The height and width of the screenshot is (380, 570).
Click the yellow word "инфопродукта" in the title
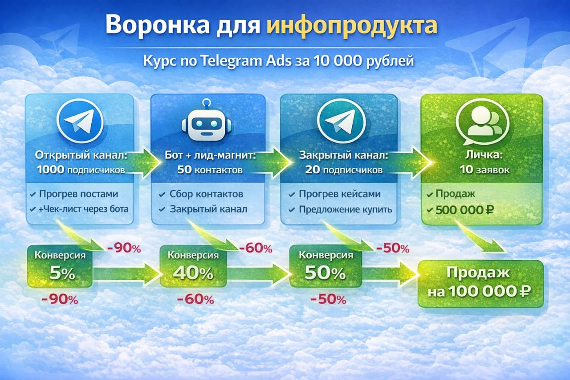point(352,26)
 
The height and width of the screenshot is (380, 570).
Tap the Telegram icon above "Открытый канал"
point(80,121)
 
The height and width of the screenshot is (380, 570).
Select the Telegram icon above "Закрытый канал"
point(342,121)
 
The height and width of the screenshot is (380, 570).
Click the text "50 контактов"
point(210,170)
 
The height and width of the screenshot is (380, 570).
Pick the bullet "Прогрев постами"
point(78,194)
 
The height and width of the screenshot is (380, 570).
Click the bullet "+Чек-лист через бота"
point(83,208)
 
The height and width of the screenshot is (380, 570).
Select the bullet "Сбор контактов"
point(206,194)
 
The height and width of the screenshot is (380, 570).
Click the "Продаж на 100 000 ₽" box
point(480,283)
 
